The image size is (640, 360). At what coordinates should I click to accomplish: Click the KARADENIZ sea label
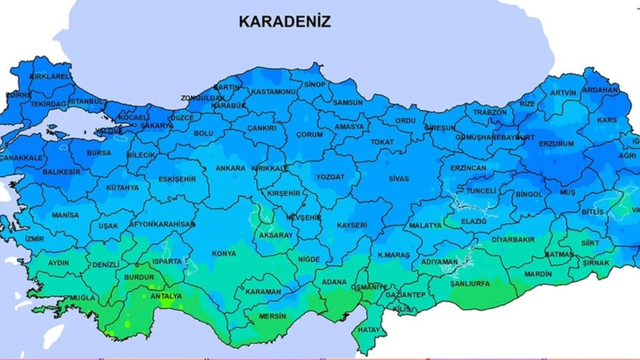click(285, 21)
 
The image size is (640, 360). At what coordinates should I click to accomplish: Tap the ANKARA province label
click(230, 168)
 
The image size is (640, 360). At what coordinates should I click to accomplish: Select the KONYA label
click(224, 253)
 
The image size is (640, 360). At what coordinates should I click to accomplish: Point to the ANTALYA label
click(166, 296)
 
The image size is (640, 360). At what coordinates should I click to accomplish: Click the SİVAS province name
click(398, 179)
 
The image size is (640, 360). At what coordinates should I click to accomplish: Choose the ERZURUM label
click(556, 144)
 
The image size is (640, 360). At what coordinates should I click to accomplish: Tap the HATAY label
click(370, 330)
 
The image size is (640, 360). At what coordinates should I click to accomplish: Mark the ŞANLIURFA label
click(470, 284)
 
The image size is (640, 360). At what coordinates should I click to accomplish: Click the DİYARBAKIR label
click(513, 239)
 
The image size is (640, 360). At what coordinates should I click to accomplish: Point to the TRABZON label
click(489, 113)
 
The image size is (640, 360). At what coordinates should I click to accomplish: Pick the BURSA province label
click(99, 153)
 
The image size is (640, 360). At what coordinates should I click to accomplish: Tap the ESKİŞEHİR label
click(177, 180)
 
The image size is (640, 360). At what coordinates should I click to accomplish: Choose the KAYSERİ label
click(352, 226)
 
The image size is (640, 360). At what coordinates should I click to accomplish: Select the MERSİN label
click(273, 316)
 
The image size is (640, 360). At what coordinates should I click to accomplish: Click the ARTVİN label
click(563, 93)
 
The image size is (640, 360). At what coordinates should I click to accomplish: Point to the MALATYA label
click(425, 226)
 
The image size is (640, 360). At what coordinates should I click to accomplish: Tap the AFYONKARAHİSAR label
click(162, 225)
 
